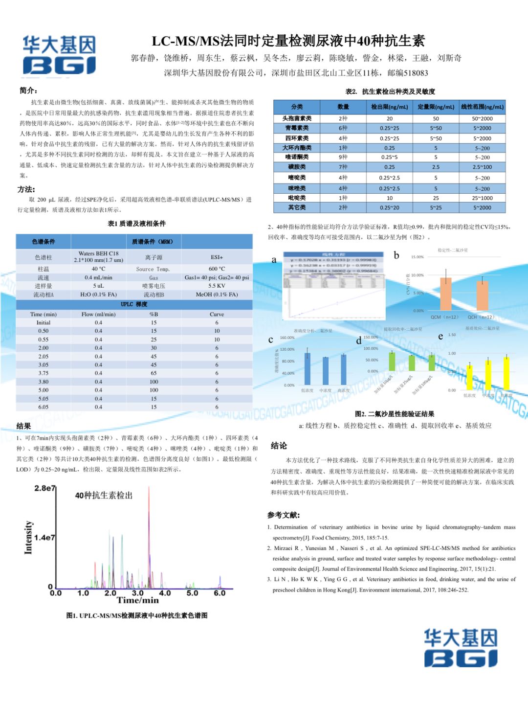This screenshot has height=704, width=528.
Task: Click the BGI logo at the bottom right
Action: (460, 648)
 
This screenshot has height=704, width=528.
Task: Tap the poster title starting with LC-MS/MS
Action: (288, 41)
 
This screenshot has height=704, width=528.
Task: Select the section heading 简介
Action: (28, 91)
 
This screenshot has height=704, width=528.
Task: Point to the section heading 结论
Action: (279, 446)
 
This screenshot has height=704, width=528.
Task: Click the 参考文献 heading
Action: (284, 515)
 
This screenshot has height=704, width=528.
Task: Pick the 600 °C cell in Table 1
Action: (217, 269)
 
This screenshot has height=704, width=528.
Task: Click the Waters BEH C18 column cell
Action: (98, 257)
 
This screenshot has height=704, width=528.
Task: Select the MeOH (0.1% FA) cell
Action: (217, 295)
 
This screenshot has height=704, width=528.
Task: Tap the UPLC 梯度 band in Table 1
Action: (134, 304)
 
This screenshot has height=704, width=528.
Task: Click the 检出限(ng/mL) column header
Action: (389, 107)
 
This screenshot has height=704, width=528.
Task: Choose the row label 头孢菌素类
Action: (297, 118)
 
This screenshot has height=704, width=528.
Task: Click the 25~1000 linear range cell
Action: (482, 198)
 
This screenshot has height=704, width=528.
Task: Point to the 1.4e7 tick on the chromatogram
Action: (45, 538)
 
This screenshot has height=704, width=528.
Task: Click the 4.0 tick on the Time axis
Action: (165, 593)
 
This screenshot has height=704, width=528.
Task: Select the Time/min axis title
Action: (138, 600)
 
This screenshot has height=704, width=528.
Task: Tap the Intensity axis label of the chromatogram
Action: (28, 537)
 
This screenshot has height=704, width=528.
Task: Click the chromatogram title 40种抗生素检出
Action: (104, 495)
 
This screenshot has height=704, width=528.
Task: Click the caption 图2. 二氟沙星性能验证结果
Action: (395, 414)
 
